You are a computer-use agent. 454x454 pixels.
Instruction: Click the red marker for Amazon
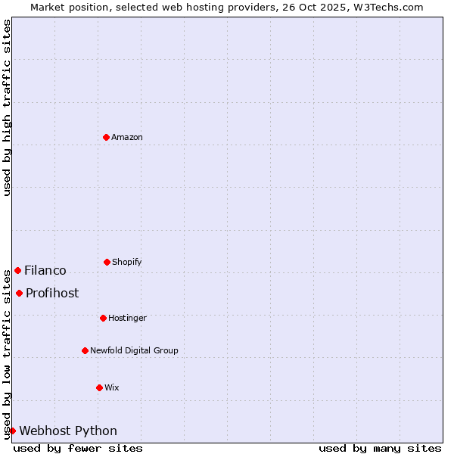pyautogui.click(x=106, y=137)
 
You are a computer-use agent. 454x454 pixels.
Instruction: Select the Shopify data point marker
pyautogui.click(x=107, y=262)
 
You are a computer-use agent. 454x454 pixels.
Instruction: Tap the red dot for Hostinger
pyautogui.click(x=103, y=318)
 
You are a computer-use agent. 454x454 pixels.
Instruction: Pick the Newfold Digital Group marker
pyautogui.click(x=85, y=350)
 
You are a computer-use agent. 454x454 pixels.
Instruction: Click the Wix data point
pyautogui.click(x=99, y=387)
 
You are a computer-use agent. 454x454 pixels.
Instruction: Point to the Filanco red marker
pyautogui.click(x=17, y=270)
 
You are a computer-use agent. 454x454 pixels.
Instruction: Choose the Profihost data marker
pyautogui.click(x=19, y=293)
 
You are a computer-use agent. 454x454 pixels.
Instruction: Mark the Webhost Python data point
pyautogui.click(x=12, y=431)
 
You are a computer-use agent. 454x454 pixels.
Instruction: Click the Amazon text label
pyautogui.click(x=127, y=137)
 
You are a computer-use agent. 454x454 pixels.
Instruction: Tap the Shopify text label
pyautogui.click(x=127, y=262)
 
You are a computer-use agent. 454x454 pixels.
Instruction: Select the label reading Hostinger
pyautogui.click(x=127, y=318)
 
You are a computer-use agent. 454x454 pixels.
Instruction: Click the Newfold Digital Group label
pyautogui.click(x=134, y=350)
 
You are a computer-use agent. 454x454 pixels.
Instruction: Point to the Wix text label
pyautogui.click(x=112, y=387)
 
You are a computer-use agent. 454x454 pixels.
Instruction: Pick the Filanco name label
pyautogui.click(x=45, y=270)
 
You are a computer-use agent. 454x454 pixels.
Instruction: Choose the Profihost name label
pyautogui.click(x=52, y=293)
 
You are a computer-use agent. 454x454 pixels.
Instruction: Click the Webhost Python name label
pyautogui.click(x=68, y=431)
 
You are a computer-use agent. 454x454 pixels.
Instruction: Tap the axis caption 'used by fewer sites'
pyautogui.click(x=78, y=448)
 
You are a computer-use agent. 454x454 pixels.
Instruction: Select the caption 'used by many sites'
pyautogui.click(x=380, y=448)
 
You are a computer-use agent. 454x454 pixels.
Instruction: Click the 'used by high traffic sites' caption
pyautogui.click(x=7, y=107)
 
